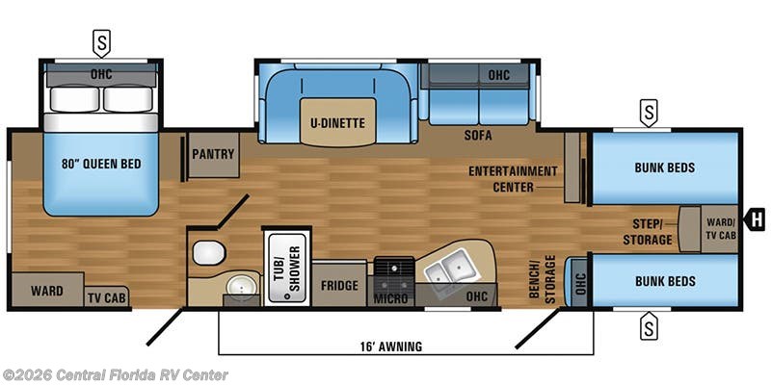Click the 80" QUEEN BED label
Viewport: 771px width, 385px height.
click(100, 164)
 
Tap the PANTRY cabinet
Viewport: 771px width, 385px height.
click(213, 154)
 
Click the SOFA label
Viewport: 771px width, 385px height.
click(478, 137)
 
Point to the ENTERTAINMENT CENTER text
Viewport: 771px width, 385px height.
click(513, 179)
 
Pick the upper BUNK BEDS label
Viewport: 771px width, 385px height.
click(664, 167)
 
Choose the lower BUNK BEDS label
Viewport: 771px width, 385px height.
click(664, 282)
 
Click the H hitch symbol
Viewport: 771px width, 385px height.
click(757, 220)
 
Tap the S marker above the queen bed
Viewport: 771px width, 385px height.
click(101, 41)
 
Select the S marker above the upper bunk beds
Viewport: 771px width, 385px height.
click(649, 112)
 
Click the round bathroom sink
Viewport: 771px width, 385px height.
click(242, 286)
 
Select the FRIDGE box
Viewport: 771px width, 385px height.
click(340, 286)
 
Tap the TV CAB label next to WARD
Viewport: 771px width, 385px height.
click(107, 296)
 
